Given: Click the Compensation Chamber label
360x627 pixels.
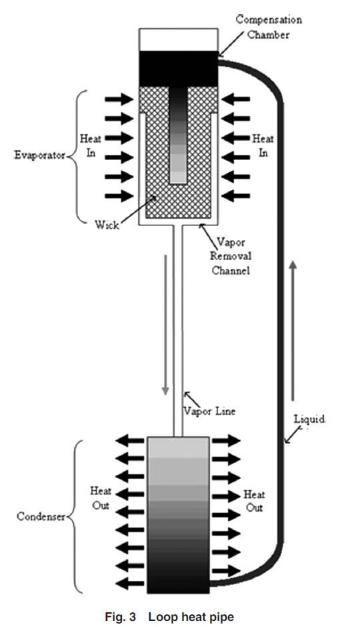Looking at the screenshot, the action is (269, 27).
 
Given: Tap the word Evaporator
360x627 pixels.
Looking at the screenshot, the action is (39, 155).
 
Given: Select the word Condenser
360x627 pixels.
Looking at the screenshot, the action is (41, 516).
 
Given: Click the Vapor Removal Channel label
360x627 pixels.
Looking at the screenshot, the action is (231, 256).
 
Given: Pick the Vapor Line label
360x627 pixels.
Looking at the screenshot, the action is (209, 411).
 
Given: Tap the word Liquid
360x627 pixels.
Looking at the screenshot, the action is (309, 419).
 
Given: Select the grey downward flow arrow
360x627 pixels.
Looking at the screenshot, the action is (165, 324).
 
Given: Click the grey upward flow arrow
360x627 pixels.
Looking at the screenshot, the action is (293, 330).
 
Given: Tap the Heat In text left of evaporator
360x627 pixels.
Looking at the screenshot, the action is (91, 145).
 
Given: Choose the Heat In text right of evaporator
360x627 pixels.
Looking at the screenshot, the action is (263, 145).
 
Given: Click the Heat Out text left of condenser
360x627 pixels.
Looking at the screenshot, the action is (101, 498).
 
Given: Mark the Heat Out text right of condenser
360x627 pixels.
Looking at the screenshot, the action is (254, 501).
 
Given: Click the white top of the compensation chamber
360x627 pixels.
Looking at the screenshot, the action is (178, 39).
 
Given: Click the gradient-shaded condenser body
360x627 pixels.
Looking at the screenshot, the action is (178, 515).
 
